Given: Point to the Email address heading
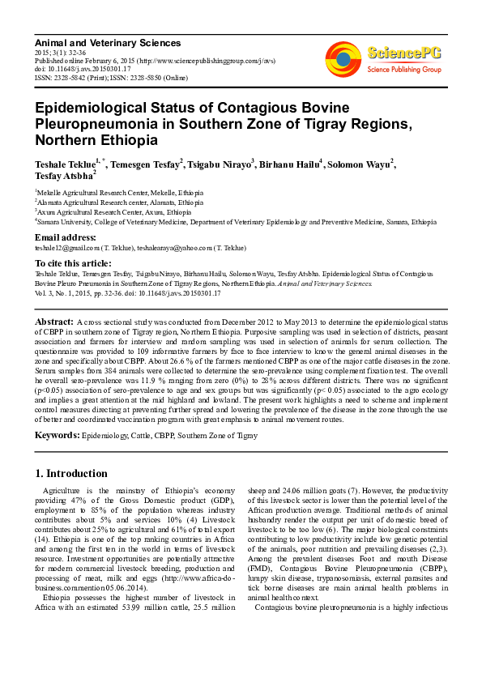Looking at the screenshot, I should coord(65,237).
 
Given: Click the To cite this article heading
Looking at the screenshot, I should coord(72,263).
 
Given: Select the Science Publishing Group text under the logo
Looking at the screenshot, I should coord(403,70).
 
